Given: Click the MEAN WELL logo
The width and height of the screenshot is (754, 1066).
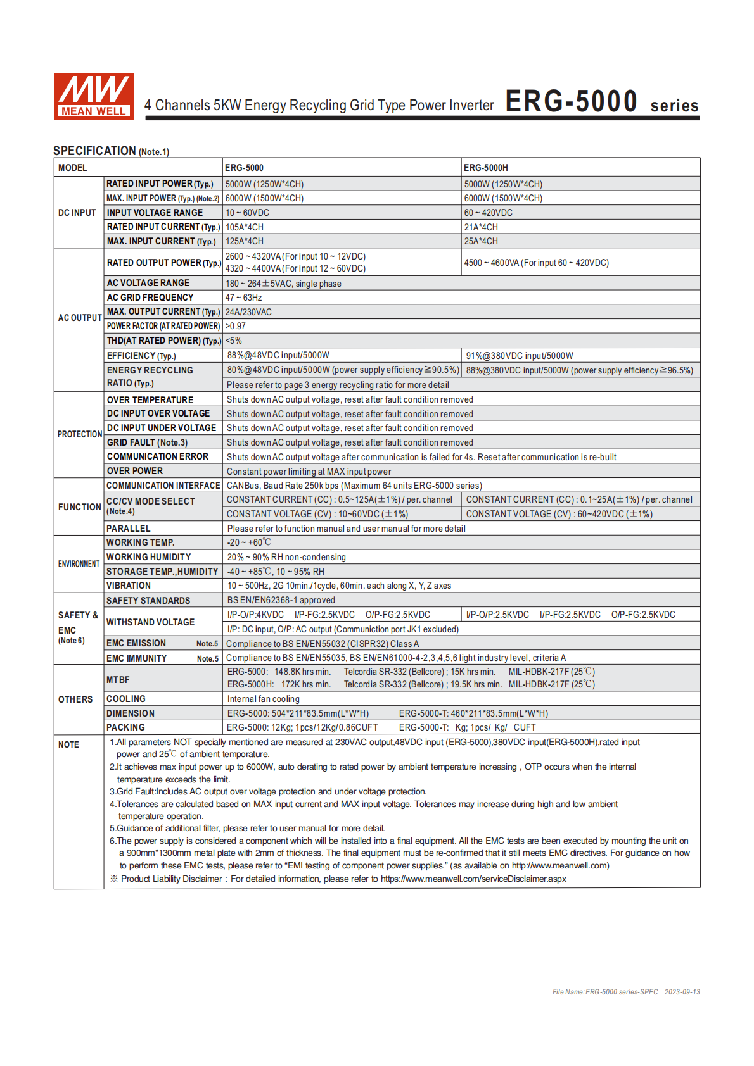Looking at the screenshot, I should coord(94,96).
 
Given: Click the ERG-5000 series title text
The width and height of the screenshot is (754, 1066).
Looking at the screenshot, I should coord(601,102).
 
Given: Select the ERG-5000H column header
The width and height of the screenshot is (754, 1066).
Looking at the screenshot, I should coord(486,168).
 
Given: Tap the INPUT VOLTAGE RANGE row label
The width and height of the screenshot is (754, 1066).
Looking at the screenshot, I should coord(155,213).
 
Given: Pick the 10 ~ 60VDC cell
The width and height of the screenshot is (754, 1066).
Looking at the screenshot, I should coord(247,213).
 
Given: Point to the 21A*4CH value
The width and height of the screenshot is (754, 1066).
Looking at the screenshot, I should coord(481,227).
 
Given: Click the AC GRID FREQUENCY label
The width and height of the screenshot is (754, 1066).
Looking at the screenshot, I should coord(150,298).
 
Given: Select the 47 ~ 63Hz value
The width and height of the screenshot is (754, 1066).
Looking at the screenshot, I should coord(244,298).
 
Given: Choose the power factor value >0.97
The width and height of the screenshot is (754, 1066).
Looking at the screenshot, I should coord(236,326).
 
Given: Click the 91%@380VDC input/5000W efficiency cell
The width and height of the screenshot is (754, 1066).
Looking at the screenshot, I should coord(520,356).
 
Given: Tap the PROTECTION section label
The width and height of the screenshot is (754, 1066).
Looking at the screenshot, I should coord(80,434).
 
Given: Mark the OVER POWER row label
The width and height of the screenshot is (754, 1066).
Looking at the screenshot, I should coord(135,471).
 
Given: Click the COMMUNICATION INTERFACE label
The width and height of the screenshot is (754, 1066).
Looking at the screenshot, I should coord(163,486).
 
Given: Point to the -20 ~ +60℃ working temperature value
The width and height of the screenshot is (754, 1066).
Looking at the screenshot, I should coord(249,542).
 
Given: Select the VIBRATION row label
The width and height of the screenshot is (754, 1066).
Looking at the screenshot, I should coord(129,586).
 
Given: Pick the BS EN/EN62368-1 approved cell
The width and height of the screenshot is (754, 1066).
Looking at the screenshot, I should coord(281,600).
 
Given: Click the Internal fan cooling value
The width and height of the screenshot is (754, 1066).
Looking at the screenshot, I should coord(264,699).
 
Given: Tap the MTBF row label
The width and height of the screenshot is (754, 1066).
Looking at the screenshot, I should coord(118,680).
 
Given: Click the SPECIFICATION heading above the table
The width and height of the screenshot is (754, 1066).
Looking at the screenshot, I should coord(95,151).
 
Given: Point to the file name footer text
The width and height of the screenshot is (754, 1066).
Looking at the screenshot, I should coord(625,992).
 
